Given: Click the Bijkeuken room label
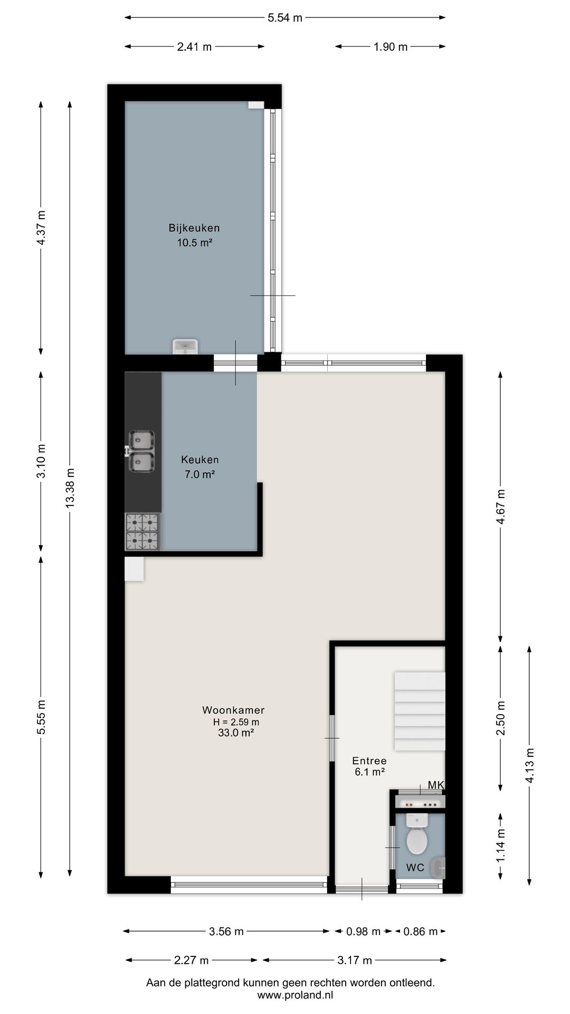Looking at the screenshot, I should click(x=194, y=228).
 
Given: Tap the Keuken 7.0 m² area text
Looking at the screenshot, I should click(x=199, y=474).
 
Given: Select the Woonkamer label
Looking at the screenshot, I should click(x=233, y=710).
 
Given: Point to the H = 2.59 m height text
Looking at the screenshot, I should click(x=236, y=722).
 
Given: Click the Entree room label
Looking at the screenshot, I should click(x=369, y=761).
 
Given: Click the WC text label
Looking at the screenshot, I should click(x=415, y=868).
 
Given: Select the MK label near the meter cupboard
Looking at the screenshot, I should click(x=436, y=785).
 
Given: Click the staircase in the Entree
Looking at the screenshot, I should click(x=420, y=711).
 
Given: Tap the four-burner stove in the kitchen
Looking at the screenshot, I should click(x=142, y=532).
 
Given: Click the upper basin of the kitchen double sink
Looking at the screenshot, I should click(x=142, y=439).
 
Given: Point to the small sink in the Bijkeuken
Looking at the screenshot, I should click(x=185, y=346).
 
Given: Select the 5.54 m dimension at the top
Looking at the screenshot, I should click(x=285, y=18).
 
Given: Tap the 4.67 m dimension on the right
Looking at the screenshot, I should click(x=501, y=506).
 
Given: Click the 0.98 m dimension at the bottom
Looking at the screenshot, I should click(x=363, y=932).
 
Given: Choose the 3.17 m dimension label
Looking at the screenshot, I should click(x=355, y=960).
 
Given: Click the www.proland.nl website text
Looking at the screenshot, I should click(x=295, y=995).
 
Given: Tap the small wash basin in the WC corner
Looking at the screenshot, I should click(x=438, y=868).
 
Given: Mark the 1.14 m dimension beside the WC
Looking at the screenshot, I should click(x=501, y=846).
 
